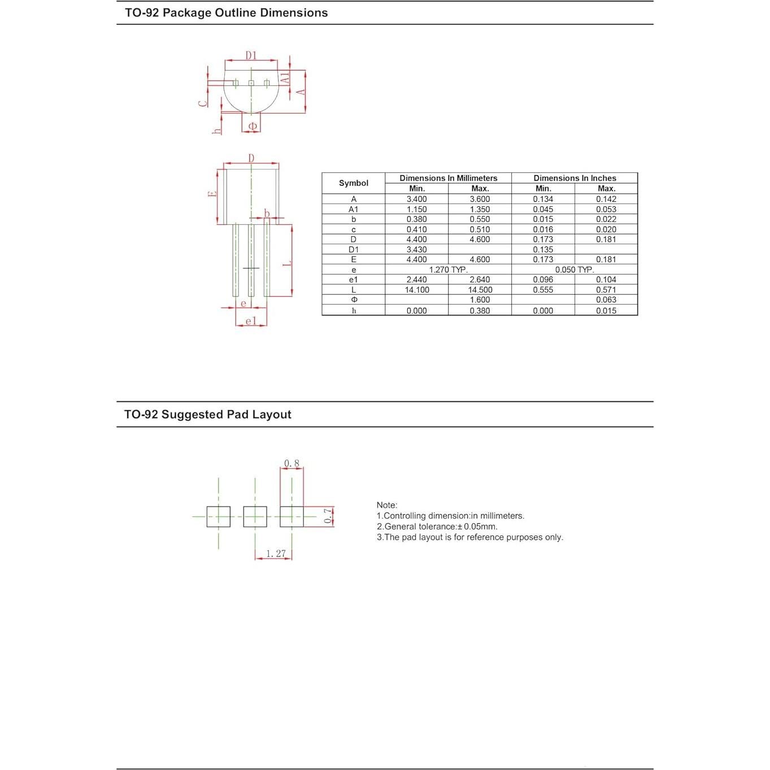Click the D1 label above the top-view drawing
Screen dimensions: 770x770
point(251,55)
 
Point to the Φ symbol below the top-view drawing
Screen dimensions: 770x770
point(253,125)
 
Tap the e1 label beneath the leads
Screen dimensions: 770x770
point(251,321)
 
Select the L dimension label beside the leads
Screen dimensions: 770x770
point(286,263)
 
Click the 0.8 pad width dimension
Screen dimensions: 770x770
point(292,463)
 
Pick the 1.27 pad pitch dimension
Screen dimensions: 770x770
point(276,554)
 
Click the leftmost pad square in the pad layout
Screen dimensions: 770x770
point(218,516)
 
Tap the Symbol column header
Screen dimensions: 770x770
point(354,183)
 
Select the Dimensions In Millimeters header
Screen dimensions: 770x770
point(448,178)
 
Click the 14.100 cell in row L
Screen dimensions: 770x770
point(417,290)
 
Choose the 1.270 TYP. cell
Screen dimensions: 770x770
point(448,269)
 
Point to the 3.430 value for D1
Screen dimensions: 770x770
point(417,249)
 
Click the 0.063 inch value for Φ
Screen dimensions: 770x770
point(606,300)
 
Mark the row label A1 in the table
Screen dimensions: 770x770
point(354,209)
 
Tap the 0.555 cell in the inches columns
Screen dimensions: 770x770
point(543,290)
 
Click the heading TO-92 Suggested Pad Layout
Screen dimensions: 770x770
point(208,414)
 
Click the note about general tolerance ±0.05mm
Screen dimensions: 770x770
point(437,527)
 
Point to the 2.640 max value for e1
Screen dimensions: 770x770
point(480,280)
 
